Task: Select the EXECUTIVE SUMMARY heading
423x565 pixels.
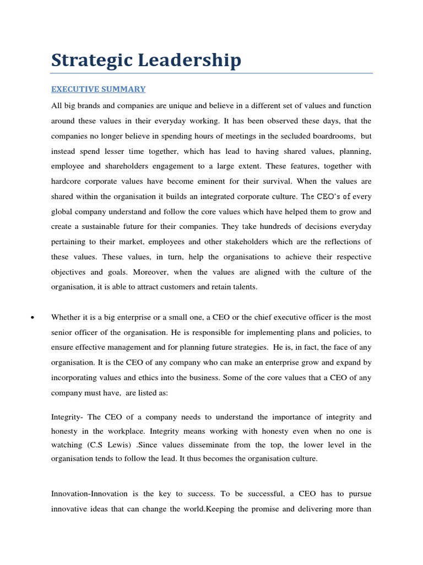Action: pos(99,89)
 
